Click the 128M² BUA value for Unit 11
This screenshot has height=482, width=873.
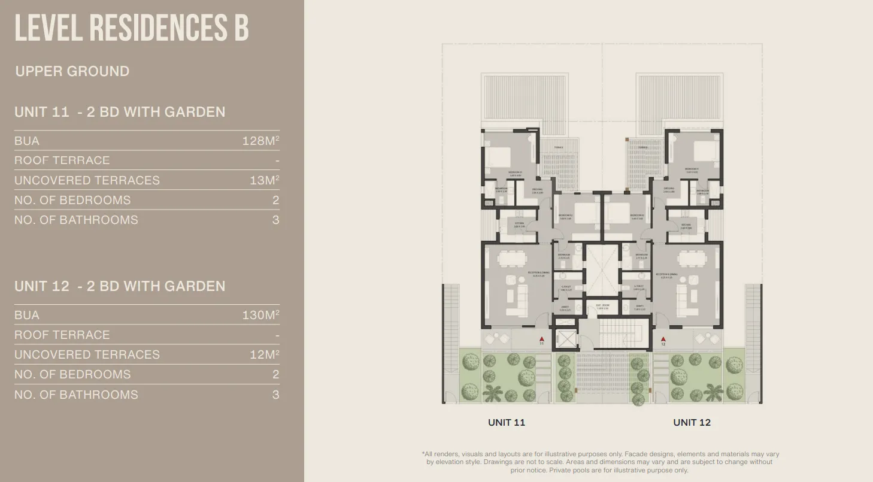tap(260, 141)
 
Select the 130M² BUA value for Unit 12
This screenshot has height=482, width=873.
tap(260, 315)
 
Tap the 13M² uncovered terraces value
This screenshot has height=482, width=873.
tap(264, 180)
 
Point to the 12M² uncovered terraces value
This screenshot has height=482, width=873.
tap(264, 354)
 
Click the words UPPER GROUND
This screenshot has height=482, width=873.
tap(72, 71)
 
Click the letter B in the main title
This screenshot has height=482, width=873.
tap(241, 28)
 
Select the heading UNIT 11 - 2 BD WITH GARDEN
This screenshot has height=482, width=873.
tap(120, 112)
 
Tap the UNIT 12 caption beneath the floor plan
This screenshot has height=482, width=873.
tap(692, 422)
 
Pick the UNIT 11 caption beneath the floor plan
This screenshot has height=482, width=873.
tap(507, 422)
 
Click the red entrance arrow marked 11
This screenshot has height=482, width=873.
tap(541, 339)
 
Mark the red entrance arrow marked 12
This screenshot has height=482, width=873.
tap(663, 339)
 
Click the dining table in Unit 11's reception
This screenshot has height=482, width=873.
tap(512, 258)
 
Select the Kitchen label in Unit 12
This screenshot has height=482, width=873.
tap(686, 226)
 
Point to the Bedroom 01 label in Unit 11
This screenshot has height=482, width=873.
tap(516, 173)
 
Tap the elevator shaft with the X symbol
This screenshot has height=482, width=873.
tap(565, 339)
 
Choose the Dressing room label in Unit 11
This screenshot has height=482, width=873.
tap(537, 190)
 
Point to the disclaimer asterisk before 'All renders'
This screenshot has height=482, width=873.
tap(423, 454)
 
